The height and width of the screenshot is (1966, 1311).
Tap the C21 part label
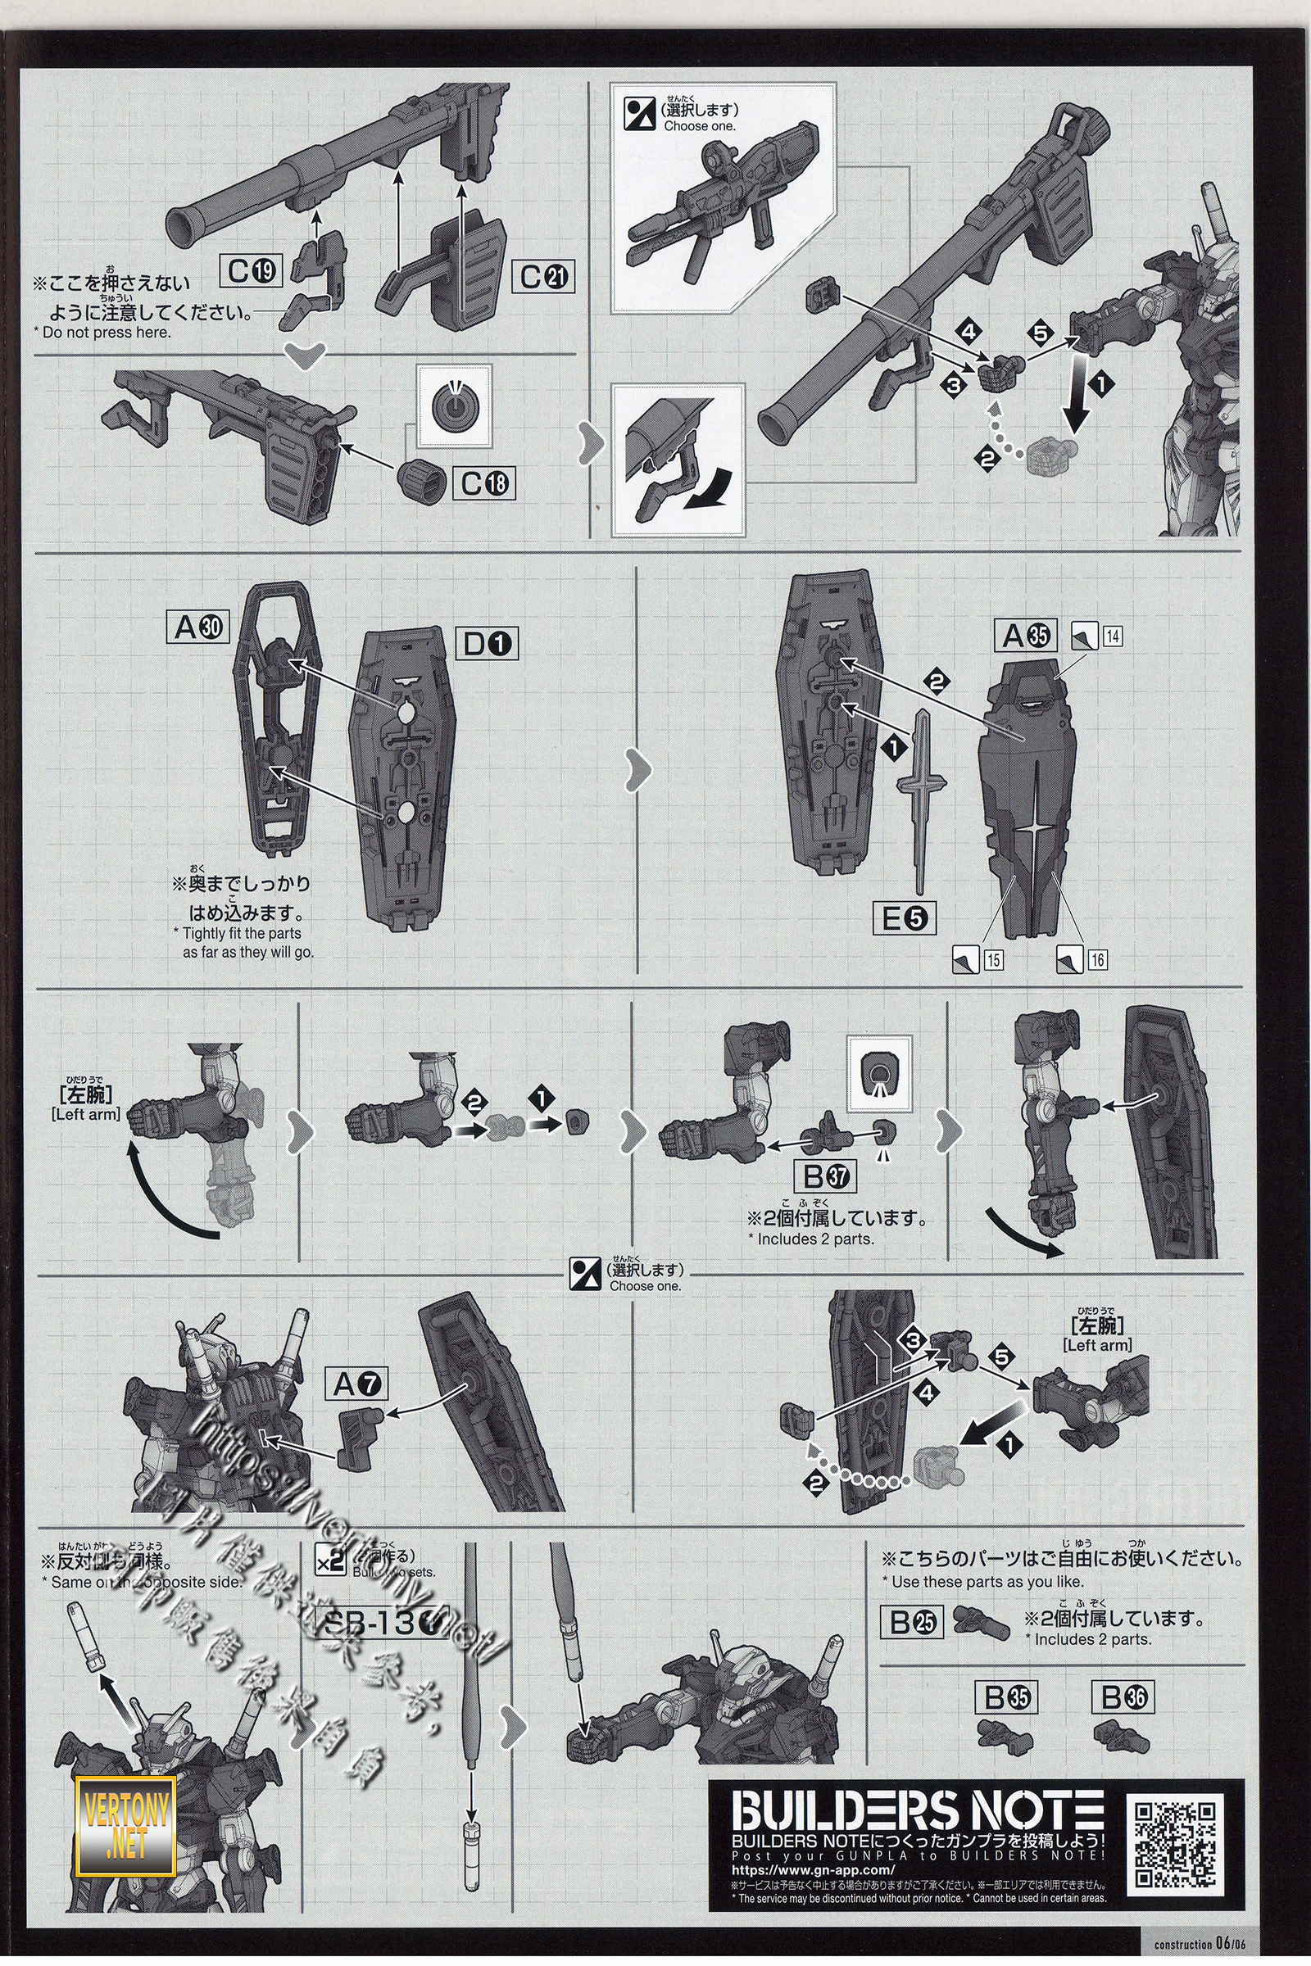pos(544,277)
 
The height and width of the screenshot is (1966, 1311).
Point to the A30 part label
pos(198,627)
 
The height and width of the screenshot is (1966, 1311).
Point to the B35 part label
pos(1007,1697)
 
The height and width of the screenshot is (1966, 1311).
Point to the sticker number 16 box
pos(1097,959)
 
